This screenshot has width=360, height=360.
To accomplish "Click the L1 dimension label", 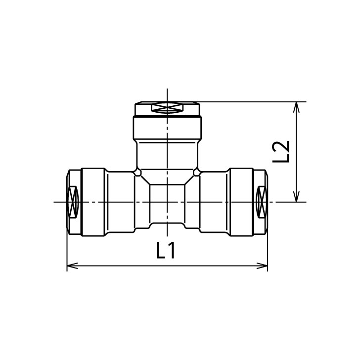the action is (x=166, y=250).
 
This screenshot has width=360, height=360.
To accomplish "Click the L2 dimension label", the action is (x=280, y=151).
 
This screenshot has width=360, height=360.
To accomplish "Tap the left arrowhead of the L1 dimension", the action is (x=72, y=266).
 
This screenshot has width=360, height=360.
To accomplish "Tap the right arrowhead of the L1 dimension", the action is (x=262, y=266).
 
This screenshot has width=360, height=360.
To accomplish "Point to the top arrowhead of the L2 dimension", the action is (x=297, y=107).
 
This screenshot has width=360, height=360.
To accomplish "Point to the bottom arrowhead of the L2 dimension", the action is (x=297, y=196).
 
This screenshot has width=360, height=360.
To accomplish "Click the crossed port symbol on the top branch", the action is (x=167, y=108).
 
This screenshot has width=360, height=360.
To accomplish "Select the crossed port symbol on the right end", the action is (x=262, y=202).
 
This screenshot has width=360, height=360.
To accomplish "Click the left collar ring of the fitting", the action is (x=93, y=202).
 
